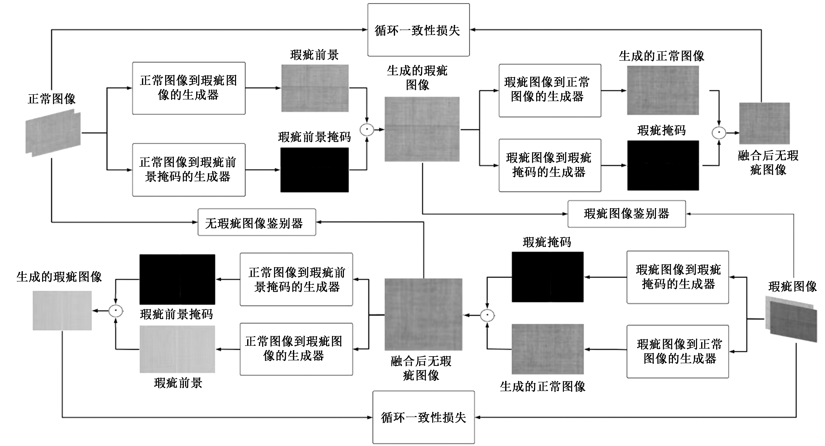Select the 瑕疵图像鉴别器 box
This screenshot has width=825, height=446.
626,214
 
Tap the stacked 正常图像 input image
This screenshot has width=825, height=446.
53,133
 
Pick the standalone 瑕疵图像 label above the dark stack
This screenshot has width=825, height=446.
792,286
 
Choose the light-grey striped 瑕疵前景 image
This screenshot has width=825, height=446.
177,349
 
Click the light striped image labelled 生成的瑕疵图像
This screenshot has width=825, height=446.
62,311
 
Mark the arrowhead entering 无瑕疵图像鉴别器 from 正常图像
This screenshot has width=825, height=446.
195,222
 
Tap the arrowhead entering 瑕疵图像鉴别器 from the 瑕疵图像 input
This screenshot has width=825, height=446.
689,214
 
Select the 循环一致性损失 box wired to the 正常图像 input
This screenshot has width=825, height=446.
418,30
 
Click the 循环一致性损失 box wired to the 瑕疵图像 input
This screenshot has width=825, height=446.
423,417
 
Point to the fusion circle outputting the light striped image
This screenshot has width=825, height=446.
116,311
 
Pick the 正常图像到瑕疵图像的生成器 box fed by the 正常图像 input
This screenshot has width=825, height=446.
189,88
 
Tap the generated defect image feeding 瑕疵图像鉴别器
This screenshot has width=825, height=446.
422,129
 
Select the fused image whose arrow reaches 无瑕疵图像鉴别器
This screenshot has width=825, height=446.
423,314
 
